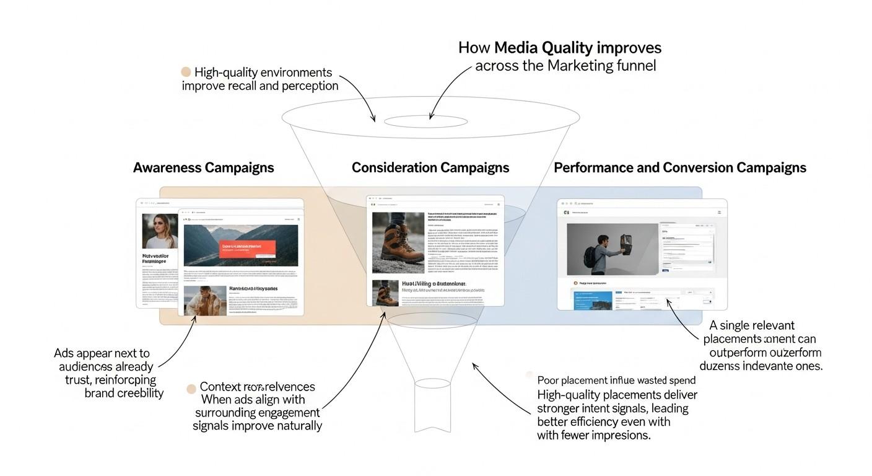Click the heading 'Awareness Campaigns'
point(203,168)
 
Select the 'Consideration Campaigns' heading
point(430,168)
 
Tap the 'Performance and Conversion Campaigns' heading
point(679,168)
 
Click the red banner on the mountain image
point(248,249)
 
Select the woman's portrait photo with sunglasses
point(160,231)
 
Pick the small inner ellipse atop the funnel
point(425,121)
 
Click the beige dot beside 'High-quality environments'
point(186,73)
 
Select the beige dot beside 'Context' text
point(191,389)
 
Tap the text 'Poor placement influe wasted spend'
point(616,381)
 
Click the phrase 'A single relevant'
point(752,325)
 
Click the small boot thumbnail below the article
point(385,292)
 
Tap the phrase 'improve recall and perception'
point(260,86)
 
